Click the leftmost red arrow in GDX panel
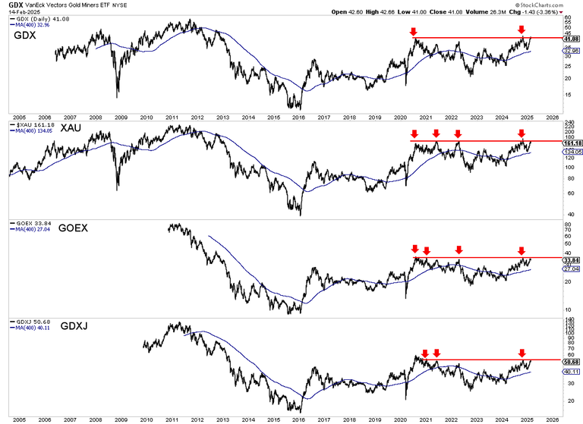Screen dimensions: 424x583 click(412, 31)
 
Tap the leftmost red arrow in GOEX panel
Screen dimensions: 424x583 click(414, 249)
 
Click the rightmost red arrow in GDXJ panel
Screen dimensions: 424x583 click(522, 352)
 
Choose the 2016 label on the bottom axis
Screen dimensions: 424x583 click(298, 417)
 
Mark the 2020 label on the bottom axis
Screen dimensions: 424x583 click(400, 417)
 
